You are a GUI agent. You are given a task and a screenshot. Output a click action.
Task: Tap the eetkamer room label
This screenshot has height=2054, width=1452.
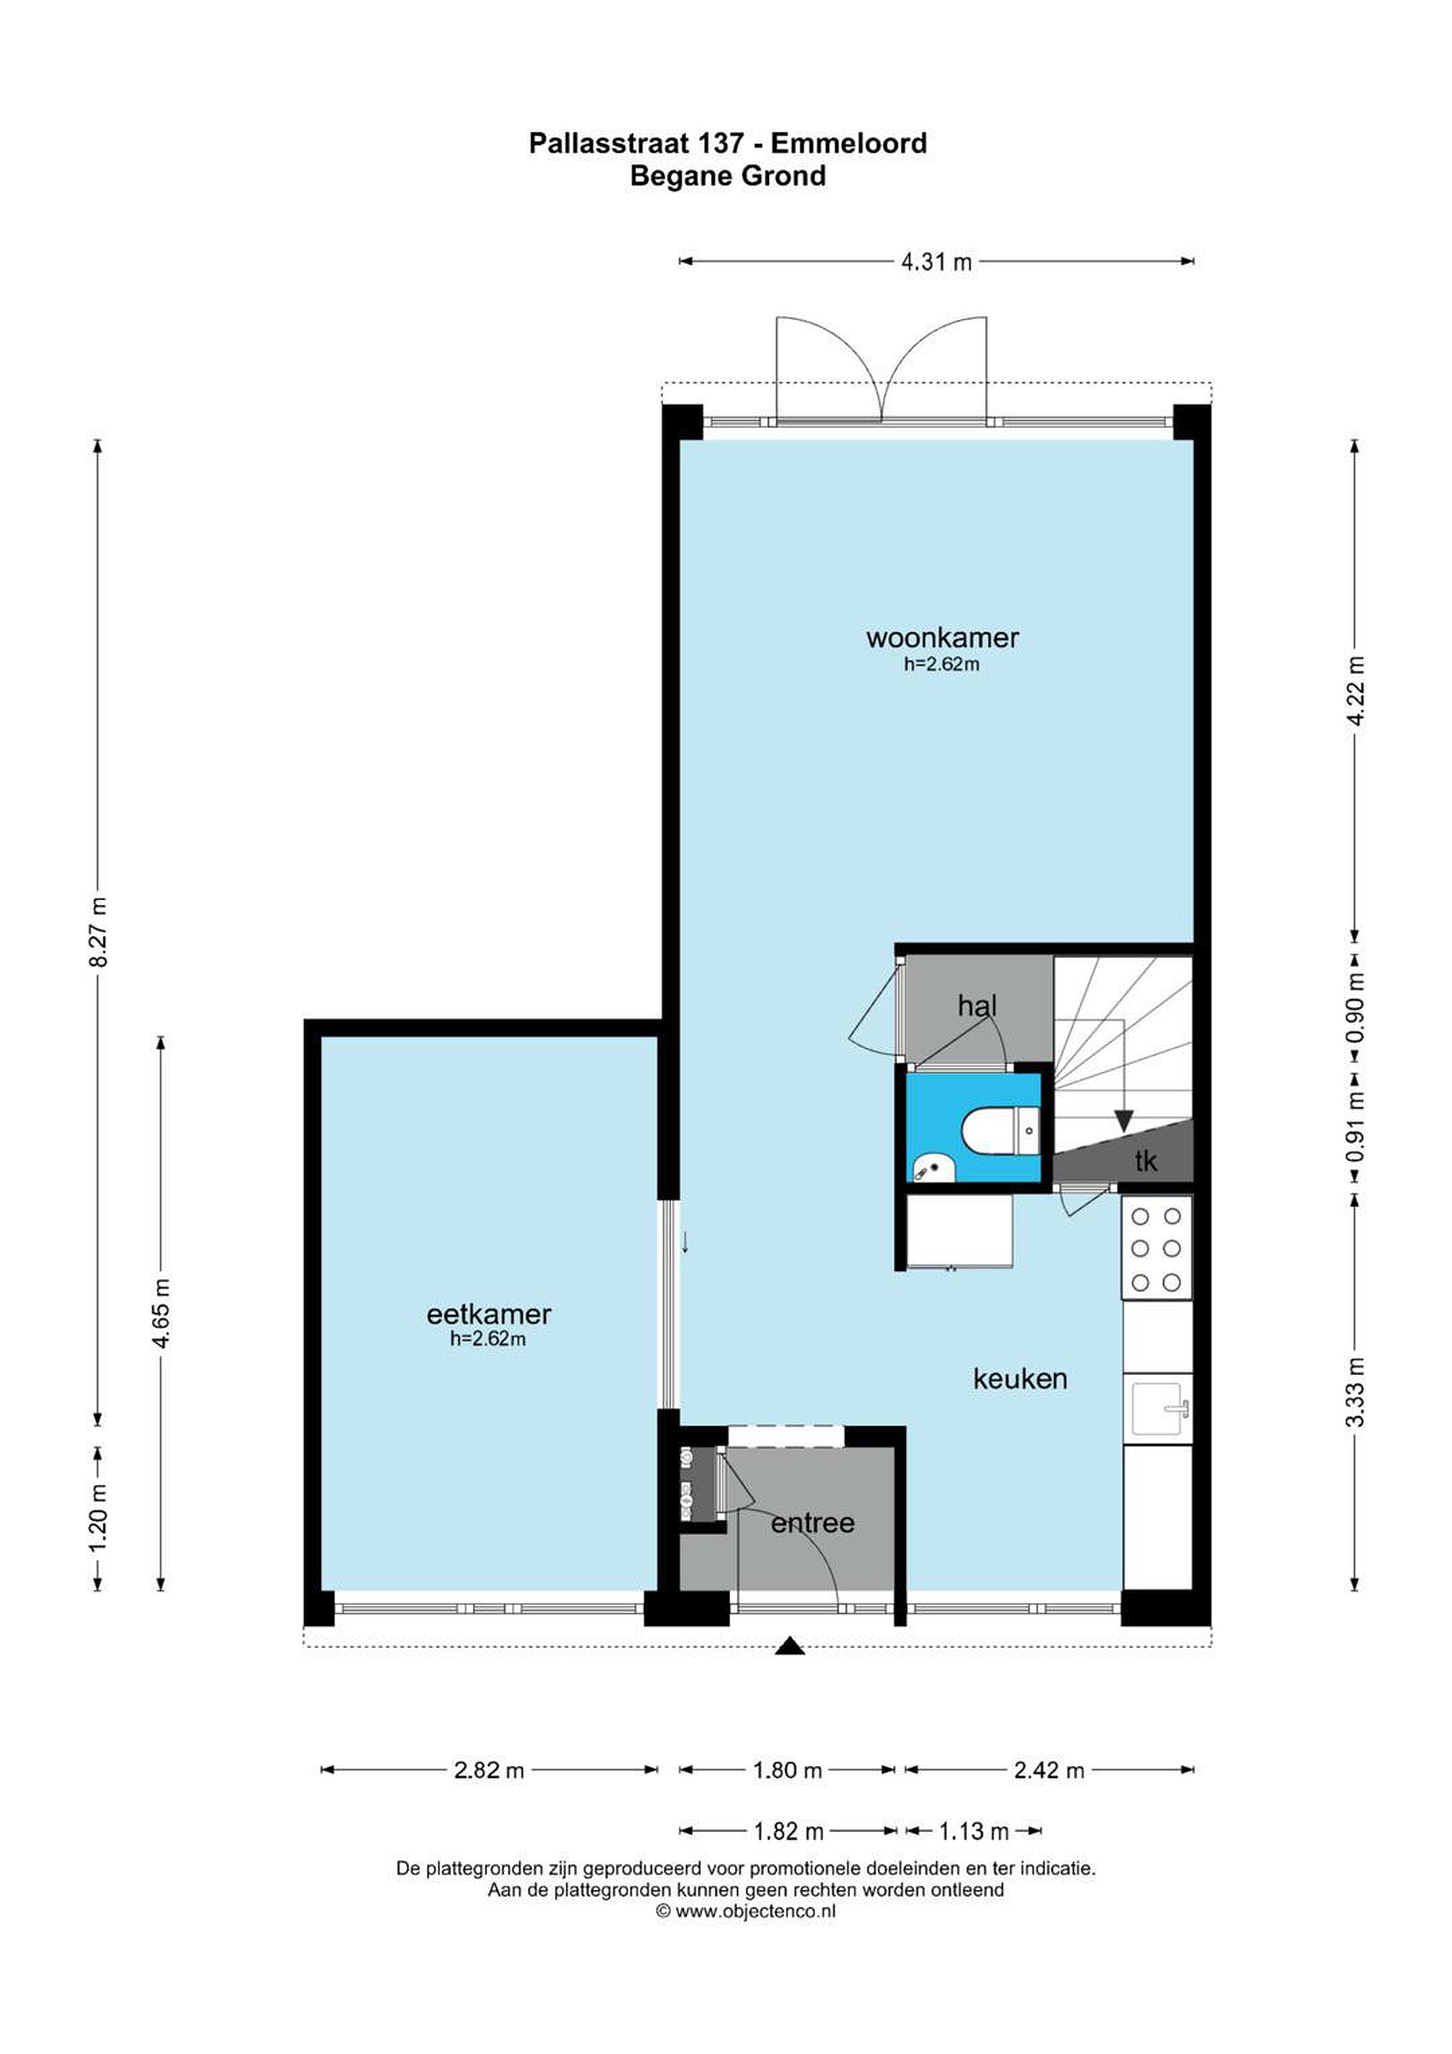(489, 1314)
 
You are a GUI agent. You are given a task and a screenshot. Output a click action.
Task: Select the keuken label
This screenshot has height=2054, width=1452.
(1020, 1379)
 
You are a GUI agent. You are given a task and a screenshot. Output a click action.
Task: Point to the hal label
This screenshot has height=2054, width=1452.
(977, 1006)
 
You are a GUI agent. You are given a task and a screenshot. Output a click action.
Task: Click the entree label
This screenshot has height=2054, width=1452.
(812, 1523)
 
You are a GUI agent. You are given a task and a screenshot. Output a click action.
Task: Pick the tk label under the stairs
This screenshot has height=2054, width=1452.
(1146, 1161)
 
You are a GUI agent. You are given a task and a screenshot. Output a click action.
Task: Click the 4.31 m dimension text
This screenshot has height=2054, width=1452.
(936, 262)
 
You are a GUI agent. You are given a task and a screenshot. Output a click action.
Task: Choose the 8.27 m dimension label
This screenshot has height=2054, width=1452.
(98, 931)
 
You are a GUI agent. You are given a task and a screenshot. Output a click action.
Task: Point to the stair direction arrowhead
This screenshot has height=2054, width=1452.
(1124, 1122)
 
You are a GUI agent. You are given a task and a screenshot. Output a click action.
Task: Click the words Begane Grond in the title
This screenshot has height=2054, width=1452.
(727, 176)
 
